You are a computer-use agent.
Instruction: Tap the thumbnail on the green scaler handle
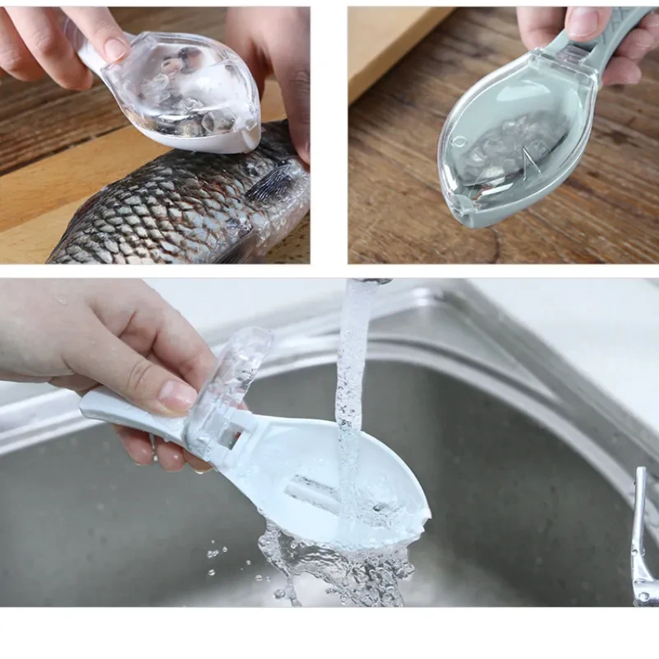[x=583, y=23]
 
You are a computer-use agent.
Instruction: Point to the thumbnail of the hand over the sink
[x=177, y=395]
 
